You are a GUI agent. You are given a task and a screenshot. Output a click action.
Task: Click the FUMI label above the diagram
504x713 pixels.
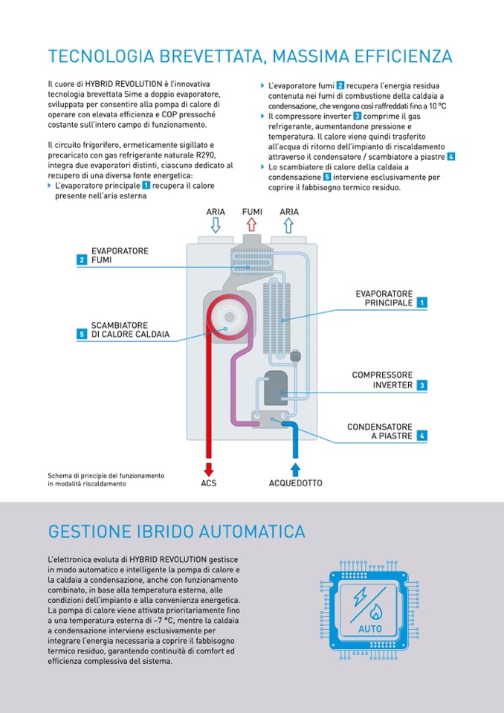pyautogui.click(x=252, y=212)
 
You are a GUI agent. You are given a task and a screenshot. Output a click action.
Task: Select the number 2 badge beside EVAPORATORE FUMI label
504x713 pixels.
pyautogui.click(x=81, y=259)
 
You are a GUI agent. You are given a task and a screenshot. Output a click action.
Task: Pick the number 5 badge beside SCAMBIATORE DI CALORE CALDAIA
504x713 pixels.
pyautogui.click(x=81, y=334)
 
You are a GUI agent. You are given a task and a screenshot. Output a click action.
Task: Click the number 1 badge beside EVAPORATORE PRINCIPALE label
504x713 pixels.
pyautogui.click(x=421, y=303)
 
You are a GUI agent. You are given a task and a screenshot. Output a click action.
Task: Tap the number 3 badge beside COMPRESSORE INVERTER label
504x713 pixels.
pyautogui.click(x=421, y=385)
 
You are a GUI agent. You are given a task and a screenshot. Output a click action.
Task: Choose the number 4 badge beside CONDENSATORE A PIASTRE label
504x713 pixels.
pyautogui.click(x=421, y=436)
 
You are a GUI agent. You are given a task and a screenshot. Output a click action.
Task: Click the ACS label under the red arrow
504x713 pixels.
pyautogui.click(x=209, y=483)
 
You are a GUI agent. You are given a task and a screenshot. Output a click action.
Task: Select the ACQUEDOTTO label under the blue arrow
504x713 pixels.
pyautogui.click(x=295, y=483)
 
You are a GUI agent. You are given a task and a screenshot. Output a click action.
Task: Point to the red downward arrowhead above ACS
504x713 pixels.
pyautogui.click(x=209, y=469)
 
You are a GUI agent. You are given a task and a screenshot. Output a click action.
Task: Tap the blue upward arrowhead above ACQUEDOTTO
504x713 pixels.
pyautogui.click(x=295, y=468)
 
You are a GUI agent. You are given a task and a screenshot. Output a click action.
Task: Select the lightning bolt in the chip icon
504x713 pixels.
pyautogui.click(x=361, y=596)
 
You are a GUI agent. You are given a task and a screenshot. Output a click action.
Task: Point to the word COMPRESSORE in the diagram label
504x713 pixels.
pyautogui.click(x=382, y=375)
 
